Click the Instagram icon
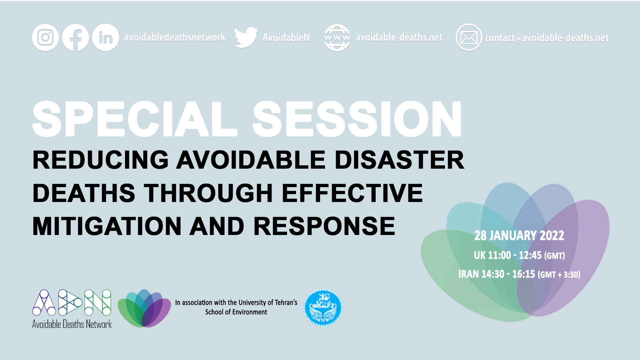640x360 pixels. (x=45, y=37)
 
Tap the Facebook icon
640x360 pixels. (x=75, y=37)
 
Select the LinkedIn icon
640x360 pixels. (x=105, y=37)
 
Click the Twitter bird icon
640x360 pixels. (x=246, y=37)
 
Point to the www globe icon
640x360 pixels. (x=337, y=38)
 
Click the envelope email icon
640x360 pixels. (x=469, y=37)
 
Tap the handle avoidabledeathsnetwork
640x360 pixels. (x=175, y=37)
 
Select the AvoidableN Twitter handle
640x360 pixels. (x=286, y=38)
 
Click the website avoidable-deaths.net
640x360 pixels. (x=399, y=37)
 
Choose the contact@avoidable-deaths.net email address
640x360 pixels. (x=547, y=38)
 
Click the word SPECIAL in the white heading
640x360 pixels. (x=135, y=119)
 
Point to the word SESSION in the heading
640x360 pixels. (x=357, y=119)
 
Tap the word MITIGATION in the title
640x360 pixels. (x=107, y=226)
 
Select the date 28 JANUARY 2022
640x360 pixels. (x=519, y=236)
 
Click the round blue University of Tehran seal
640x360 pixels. (x=323, y=307)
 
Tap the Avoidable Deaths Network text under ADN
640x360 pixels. (x=72, y=324)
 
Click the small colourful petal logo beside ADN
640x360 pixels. (x=144, y=308)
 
